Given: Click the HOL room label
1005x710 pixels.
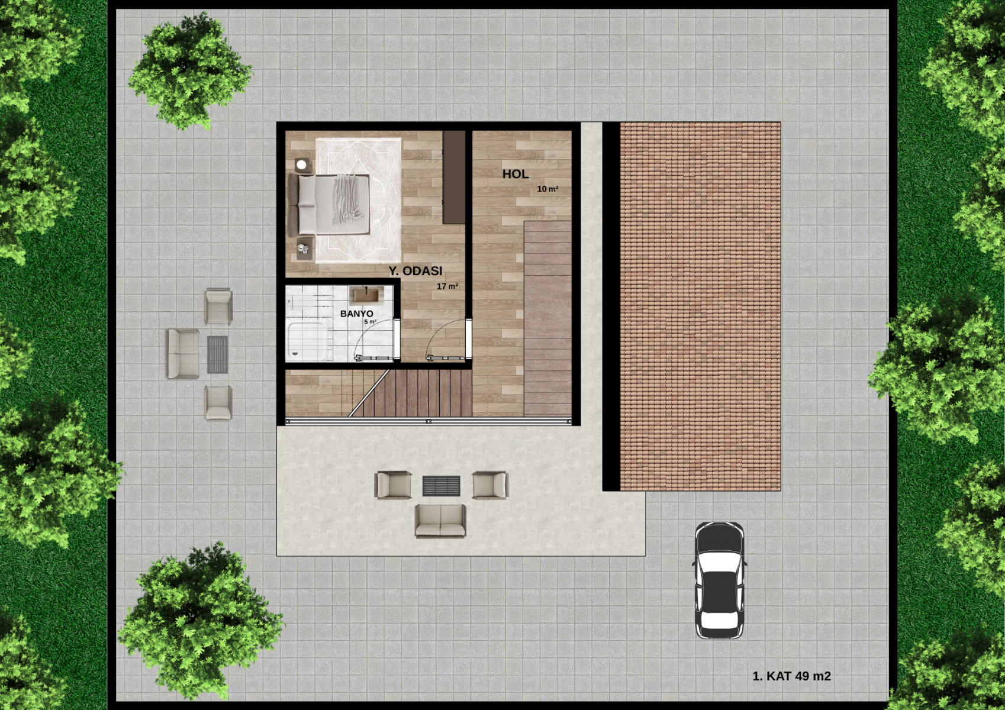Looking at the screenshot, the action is click(x=516, y=174).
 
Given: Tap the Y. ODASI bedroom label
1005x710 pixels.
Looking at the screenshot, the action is click(x=415, y=271).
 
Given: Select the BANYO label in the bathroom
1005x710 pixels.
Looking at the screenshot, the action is click(x=357, y=314).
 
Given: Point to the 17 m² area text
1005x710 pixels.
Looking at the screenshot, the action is click(x=447, y=286).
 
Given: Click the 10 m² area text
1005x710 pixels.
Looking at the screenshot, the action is click(x=548, y=189).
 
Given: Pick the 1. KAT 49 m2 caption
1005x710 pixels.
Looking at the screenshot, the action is click(x=791, y=676).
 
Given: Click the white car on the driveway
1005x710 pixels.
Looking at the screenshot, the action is click(x=719, y=580).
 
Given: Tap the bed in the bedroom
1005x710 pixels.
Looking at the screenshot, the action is click(x=329, y=205).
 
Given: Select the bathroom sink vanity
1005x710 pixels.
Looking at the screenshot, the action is click(x=366, y=295).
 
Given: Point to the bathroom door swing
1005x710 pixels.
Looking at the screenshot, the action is click(x=375, y=340).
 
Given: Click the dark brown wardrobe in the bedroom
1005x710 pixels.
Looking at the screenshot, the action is click(x=453, y=177).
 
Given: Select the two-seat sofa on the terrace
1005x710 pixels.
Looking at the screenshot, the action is click(x=440, y=521).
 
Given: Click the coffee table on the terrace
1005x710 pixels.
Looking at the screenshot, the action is click(x=441, y=486).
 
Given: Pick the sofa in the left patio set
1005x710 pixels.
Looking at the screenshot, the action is click(x=183, y=353).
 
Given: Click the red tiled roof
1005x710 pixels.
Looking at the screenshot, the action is click(x=700, y=306).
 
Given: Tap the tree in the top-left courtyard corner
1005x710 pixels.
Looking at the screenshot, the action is click(x=189, y=71).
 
